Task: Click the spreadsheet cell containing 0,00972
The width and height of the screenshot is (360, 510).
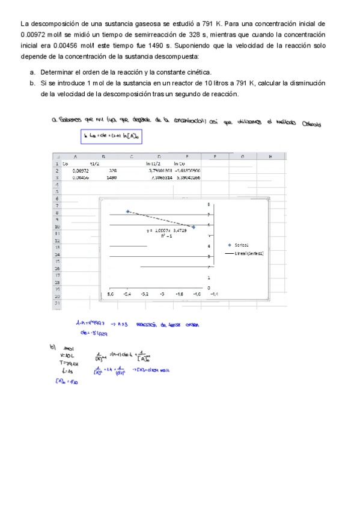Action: (80, 171)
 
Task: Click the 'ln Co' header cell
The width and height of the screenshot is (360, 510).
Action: (182, 164)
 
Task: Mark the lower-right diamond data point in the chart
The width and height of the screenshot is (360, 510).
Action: (194, 227)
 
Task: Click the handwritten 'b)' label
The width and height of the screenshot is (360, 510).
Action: (52, 347)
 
